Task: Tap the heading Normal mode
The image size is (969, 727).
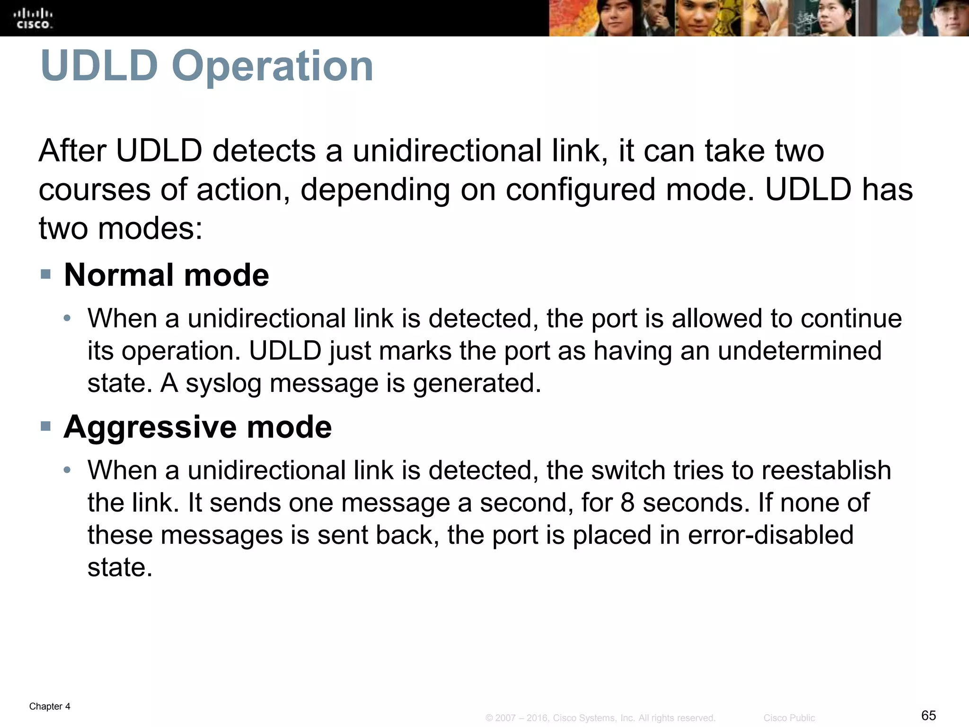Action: point(167,275)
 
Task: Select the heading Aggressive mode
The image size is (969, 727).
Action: point(198,427)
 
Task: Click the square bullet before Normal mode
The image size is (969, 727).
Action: point(45,274)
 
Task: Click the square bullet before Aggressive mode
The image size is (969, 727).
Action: point(45,426)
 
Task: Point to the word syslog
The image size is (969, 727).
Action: point(223,383)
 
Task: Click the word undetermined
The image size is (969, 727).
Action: point(799,351)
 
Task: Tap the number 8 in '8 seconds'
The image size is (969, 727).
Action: point(627,503)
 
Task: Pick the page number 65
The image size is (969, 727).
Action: point(928,715)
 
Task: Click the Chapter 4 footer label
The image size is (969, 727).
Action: point(50,707)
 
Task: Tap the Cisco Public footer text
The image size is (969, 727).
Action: point(789,718)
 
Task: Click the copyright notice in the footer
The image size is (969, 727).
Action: point(600,718)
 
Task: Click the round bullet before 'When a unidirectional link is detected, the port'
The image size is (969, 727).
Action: point(68,318)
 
